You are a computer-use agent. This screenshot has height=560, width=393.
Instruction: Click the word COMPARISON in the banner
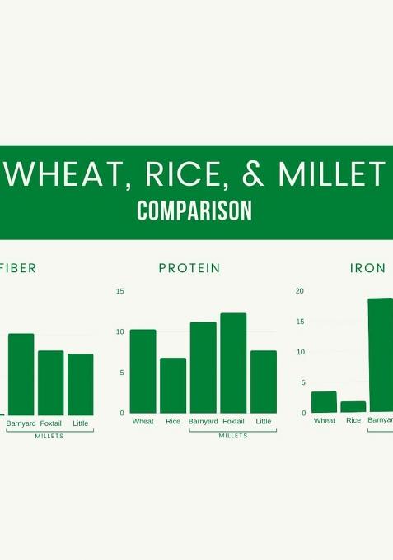194,211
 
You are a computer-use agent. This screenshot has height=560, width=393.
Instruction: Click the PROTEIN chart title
189,268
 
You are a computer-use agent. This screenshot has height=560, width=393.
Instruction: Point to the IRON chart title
367,268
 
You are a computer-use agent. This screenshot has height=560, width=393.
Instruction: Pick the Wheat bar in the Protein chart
143,372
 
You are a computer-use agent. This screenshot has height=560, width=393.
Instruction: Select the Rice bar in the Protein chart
173,386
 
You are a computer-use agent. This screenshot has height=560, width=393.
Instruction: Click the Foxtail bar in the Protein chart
233,363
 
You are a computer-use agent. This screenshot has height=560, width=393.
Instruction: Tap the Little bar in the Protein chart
264,382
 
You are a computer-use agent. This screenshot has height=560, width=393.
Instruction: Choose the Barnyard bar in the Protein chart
203,368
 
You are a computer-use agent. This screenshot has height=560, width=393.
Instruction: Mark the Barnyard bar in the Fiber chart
21,374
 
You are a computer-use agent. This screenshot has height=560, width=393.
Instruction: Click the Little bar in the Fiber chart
81,385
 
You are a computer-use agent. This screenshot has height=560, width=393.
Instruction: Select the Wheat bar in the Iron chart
324,402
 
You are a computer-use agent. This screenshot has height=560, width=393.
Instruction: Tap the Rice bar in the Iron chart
353,407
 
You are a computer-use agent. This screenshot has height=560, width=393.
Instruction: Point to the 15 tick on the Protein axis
120,291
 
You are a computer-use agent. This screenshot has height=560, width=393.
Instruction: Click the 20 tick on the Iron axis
300,291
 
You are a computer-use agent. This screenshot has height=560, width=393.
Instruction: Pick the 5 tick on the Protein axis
122,373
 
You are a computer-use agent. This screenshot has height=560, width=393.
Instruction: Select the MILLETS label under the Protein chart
233,436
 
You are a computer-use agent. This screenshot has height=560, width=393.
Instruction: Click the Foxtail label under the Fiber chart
51,423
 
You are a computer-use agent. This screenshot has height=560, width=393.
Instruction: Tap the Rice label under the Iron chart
353,421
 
